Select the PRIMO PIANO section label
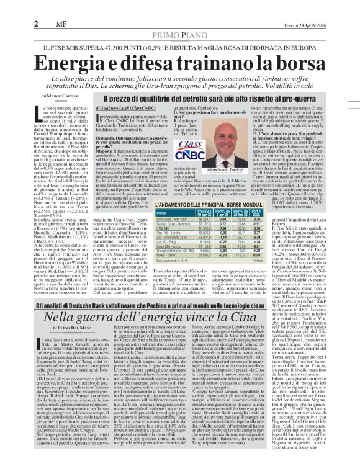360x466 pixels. pos(179,18)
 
